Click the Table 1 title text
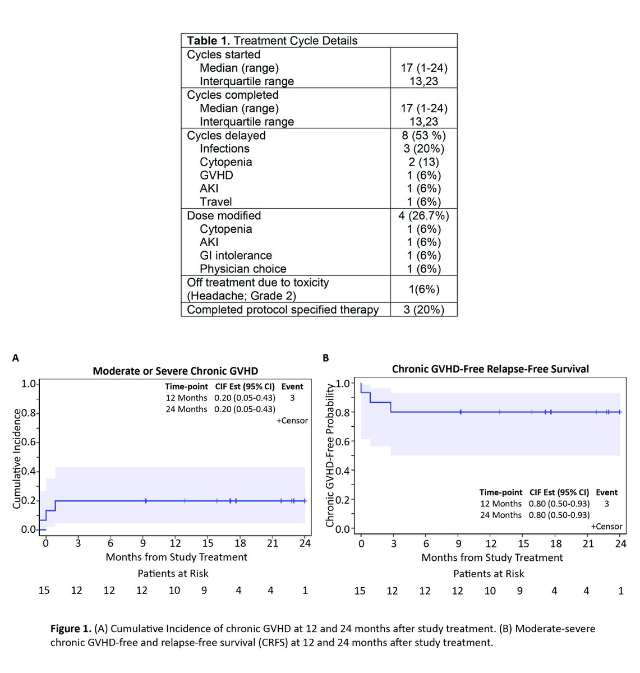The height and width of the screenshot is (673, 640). [272, 41]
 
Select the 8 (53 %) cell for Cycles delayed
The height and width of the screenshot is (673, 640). [423, 136]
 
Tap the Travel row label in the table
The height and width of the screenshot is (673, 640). [215, 202]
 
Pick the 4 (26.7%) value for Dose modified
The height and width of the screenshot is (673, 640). [423, 216]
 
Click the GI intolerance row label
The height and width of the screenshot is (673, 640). [236, 256]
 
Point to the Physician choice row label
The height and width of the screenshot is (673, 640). [243, 269]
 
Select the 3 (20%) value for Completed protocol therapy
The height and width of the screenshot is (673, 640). [423, 310]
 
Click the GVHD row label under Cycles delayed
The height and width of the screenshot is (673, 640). [216, 176]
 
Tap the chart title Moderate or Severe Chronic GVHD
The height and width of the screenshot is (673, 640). [175, 371]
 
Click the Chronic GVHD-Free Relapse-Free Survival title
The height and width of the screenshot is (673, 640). [490, 369]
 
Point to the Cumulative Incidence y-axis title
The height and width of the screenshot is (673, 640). [17, 459]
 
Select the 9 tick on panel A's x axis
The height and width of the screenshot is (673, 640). [143, 543]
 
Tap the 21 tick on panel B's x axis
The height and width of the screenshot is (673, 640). [588, 543]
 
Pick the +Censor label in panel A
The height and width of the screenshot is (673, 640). [292, 421]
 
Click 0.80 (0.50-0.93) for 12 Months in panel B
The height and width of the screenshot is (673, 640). [559, 504]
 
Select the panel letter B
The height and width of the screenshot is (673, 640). [326, 358]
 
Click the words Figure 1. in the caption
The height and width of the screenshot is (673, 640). [71, 629]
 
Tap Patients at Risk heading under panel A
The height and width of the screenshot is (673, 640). [173, 573]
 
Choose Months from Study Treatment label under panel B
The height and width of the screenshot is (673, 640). [492, 557]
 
